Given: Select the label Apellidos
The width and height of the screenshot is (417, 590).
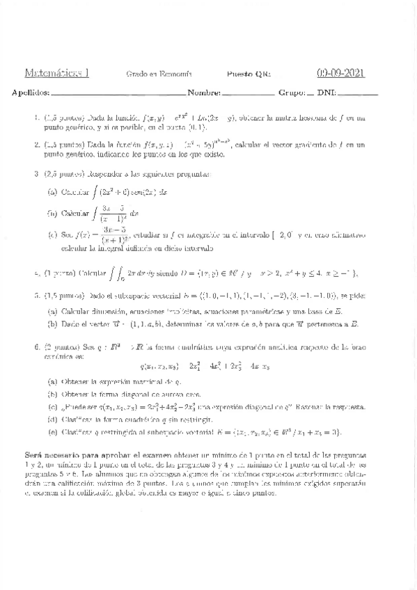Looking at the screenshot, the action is [30, 93].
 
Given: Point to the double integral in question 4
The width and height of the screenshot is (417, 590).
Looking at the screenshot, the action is [115, 272].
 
